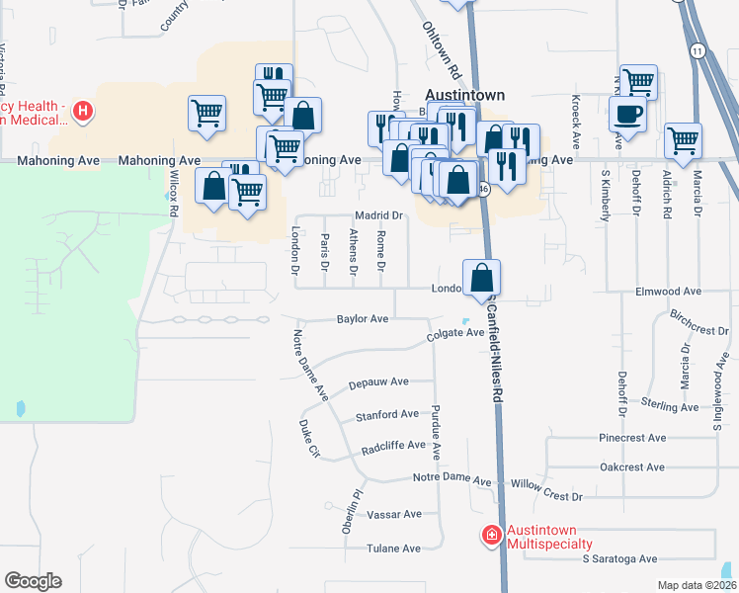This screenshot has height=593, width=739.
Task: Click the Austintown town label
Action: click(x=464, y=95)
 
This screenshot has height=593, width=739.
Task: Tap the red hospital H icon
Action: click(x=83, y=111)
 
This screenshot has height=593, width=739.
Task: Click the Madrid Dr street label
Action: click(x=380, y=215)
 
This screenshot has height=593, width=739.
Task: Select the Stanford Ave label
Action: click(x=388, y=414)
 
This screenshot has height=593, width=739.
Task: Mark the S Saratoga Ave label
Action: click(x=619, y=558)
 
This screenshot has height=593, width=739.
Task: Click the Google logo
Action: click(x=33, y=581)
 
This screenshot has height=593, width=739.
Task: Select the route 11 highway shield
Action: click(x=698, y=50)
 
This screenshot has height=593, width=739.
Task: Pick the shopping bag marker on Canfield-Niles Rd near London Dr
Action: click(x=481, y=276)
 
